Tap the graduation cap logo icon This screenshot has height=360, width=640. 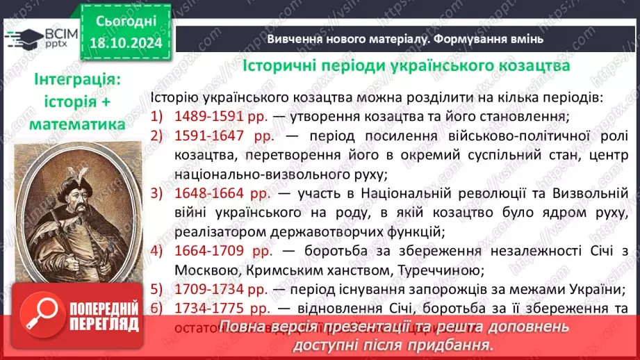tap(21, 36)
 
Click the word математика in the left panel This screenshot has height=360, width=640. tap(78, 124)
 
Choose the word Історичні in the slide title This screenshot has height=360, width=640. tap(283, 66)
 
